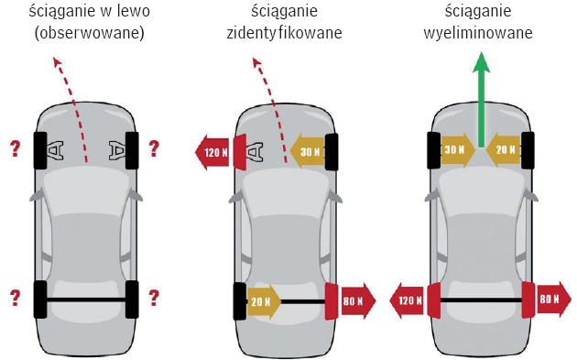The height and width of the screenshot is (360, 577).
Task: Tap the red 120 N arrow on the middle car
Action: tap(214, 152)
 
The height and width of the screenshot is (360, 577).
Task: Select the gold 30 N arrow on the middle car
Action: tap(308, 151)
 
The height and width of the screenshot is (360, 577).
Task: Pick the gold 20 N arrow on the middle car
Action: tap(263, 301)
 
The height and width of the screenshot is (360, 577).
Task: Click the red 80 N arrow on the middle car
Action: tap(356, 301)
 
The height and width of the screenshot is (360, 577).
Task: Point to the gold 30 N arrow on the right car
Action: tap(458, 150)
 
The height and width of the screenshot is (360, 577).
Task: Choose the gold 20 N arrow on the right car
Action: tap(504, 149)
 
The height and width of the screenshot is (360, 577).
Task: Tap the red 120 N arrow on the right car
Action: tap(408, 300)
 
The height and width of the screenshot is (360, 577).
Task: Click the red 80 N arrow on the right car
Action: tap(553, 299)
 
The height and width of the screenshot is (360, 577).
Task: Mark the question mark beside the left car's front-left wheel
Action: tap(15, 148)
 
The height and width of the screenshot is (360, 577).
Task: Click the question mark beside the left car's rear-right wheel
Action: tap(154, 298)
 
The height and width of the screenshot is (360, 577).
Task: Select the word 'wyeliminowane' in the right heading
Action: tap(478, 33)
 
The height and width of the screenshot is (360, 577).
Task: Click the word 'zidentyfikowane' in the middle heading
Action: tap(284, 33)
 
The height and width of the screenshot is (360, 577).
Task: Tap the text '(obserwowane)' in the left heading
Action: tap(90, 33)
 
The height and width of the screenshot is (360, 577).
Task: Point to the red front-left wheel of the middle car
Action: tap(240, 151)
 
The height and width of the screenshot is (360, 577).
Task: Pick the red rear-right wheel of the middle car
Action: tap(332, 301)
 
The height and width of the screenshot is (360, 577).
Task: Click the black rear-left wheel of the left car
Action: tap(40, 300)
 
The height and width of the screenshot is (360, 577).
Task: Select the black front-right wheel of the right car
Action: tap(528, 150)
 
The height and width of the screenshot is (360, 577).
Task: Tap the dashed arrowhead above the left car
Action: tap(56, 62)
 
